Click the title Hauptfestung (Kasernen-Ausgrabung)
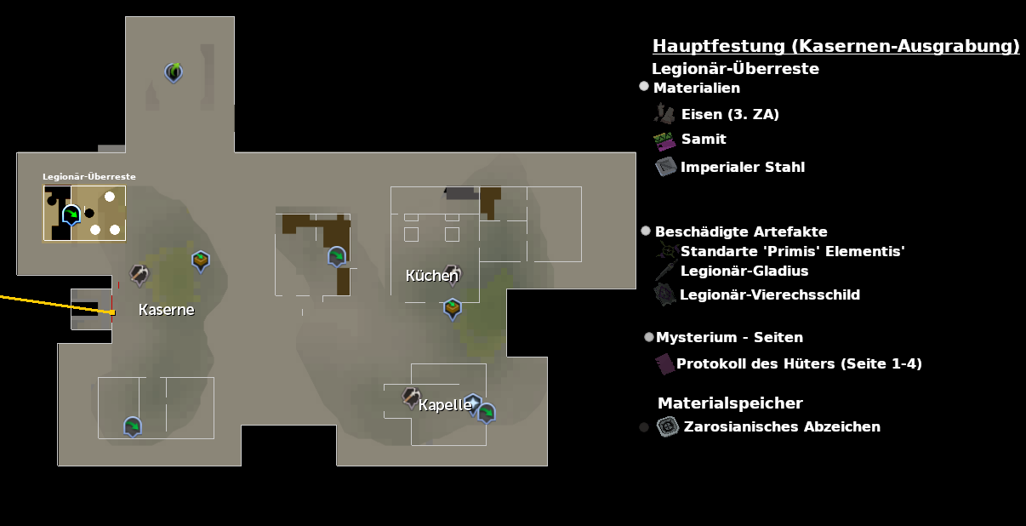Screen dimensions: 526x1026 pyautogui.click(x=835, y=46)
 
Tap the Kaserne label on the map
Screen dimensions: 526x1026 pyautogui.click(x=166, y=310)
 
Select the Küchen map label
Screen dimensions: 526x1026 pyautogui.click(x=431, y=276)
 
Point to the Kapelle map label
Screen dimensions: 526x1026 pyautogui.click(x=445, y=405)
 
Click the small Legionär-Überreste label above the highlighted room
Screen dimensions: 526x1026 pyautogui.click(x=89, y=177)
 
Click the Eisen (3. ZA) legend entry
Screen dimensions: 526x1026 pyautogui.click(x=730, y=114)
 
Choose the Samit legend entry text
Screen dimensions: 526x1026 pyautogui.click(x=704, y=139)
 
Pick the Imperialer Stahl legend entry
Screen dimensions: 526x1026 pyautogui.click(x=742, y=167)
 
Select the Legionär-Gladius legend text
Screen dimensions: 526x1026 pyautogui.click(x=744, y=271)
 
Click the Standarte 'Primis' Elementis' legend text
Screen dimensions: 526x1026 pyautogui.click(x=792, y=251)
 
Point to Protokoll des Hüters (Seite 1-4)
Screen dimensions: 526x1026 pyautogui.click(x=799, y=363)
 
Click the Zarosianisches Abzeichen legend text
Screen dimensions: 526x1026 pyautogui.click(x=782, y=426)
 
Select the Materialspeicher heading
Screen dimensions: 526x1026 pyautogui.click(x=730, y=403)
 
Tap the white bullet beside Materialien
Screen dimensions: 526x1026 pyautogui.click(x=644, y=86)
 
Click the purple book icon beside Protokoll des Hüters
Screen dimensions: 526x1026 pyautogui.click(x=664, y=363)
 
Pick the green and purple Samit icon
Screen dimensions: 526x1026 pyautogui.click(x=664, y=140)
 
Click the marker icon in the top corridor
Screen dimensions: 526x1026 pyautogui.click(x=174, y=72)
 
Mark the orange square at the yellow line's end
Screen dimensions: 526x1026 pyautogui.click(x=112, y=312)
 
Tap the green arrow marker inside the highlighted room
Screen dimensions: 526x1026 pyautogui.click(x=72, y=214)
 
